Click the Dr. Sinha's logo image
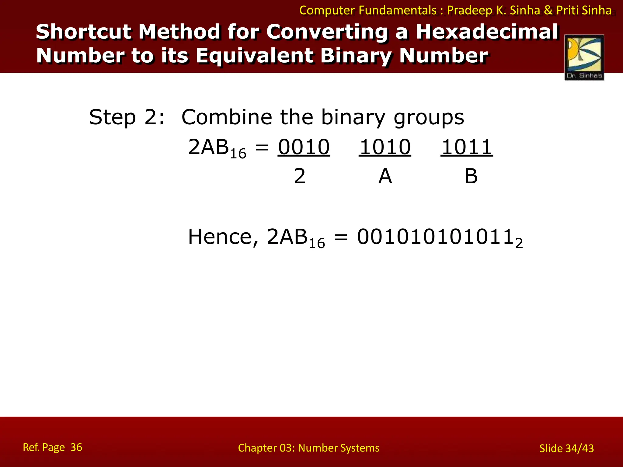coord(584,57)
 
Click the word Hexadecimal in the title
coord(487,32)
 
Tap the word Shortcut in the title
coord(84,32)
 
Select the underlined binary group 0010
coord(304,147)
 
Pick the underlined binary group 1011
coord(467,147)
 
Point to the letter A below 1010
coord(385,176)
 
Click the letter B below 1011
coord(471,176)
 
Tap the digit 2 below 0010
coord(300,176)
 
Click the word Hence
coord(223,237)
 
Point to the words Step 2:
coord(127,117)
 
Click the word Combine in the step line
coord(227,117)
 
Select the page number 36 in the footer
coord(76,447)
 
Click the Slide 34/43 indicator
coord(566,448)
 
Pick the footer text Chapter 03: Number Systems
coord(308,448)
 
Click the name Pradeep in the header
coord(469,11)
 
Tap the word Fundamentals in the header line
coord(398,11)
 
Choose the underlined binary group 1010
coord(385,147)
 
